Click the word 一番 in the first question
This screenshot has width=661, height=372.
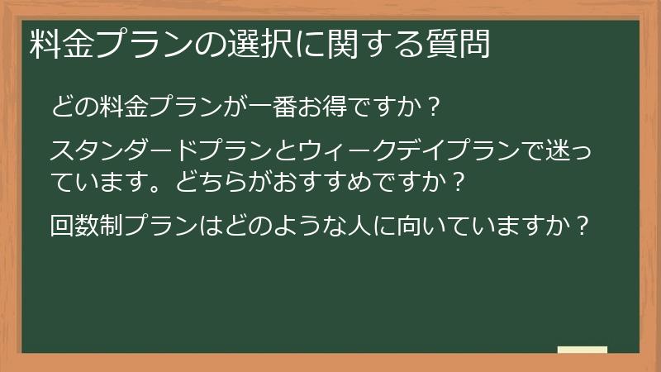point(278,107)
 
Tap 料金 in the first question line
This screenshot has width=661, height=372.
point(115,107)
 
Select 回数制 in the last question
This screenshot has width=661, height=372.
point(84,224)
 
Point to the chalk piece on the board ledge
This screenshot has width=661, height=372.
point(582,349)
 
